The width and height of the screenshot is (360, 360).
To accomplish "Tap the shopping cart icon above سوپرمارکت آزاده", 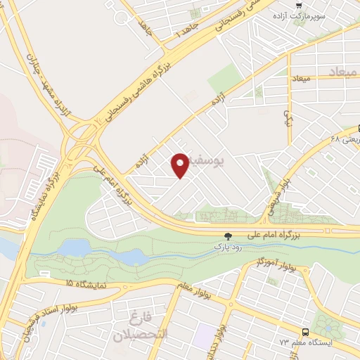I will pos(299,6).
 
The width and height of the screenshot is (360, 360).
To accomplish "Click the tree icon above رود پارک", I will pos(226,238).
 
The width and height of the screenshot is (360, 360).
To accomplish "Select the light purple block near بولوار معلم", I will pos(204,335).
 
